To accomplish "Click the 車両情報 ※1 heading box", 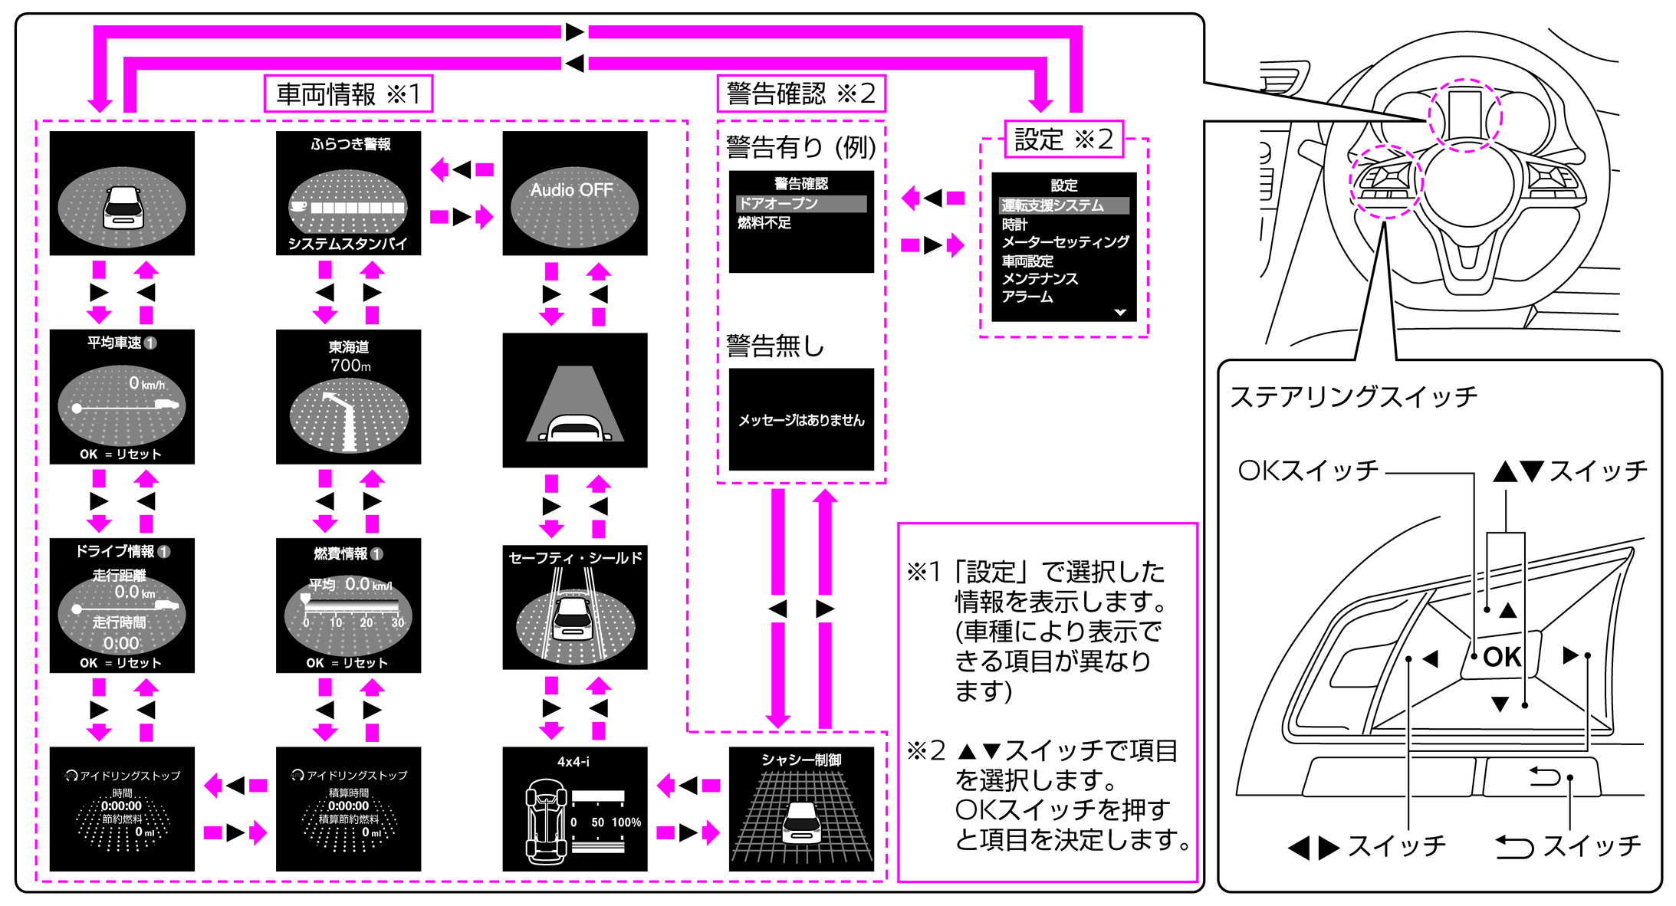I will [348, 94].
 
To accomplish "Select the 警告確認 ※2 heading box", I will [800, 94].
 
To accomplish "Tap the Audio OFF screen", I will [574, 192].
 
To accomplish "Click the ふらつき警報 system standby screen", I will [348, 192].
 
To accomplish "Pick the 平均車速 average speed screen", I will [122, 396].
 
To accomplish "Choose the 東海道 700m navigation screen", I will [348, 396].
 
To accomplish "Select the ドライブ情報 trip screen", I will [122, 605].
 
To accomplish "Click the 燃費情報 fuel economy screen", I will [348, 605].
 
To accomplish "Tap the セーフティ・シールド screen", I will [574, 607].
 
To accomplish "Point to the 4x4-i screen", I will [574, 809].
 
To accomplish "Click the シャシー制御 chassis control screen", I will [800, 809].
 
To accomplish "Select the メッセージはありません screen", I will [800, 419].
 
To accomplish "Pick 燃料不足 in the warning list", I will [764, 223].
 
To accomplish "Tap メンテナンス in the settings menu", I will [1040, 278].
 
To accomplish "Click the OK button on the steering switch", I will [1501, 657].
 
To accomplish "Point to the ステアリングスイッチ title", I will [1353, 396].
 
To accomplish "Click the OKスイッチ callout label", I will [1308, 470].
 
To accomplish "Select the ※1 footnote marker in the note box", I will [923, 572].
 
